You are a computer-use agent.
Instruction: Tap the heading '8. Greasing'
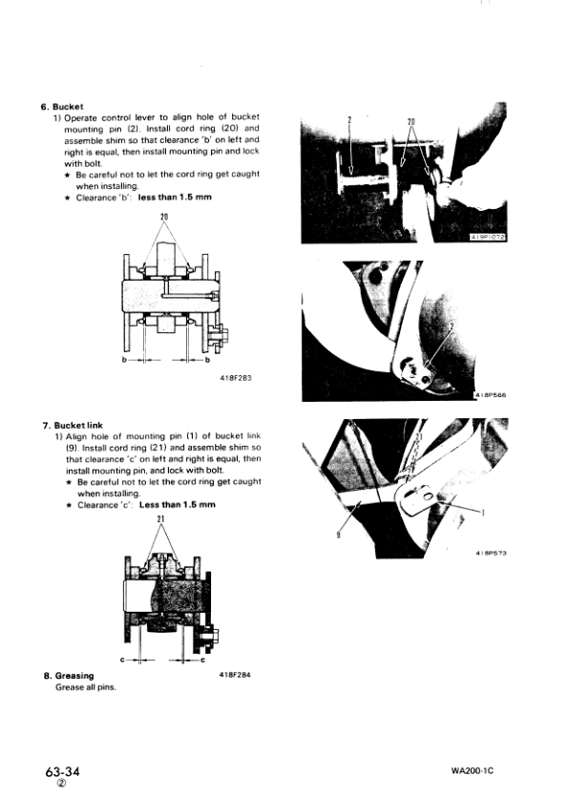[74, 676]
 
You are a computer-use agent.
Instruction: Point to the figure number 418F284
[235, 676]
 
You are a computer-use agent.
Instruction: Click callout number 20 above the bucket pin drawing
[165, 217]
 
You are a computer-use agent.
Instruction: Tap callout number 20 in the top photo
[411, 122]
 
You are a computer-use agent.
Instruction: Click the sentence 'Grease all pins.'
[86, 687]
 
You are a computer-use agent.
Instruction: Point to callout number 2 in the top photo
[349, 122]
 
